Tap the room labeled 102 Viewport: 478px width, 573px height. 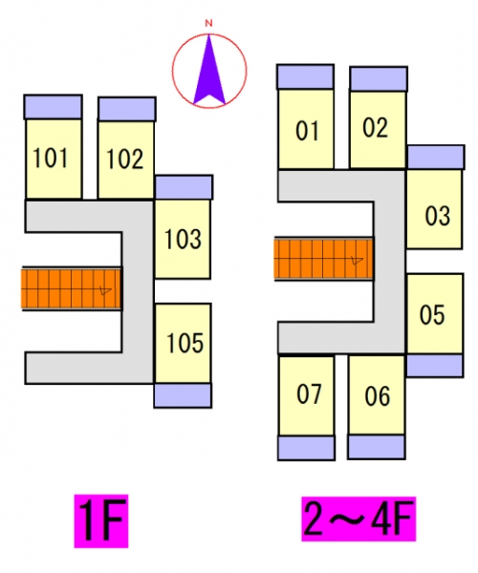(126, 159)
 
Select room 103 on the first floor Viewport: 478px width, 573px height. (183, 239)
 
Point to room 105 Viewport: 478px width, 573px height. (184, 344)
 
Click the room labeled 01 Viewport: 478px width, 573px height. (306, 129)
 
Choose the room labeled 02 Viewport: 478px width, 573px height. (379, 130)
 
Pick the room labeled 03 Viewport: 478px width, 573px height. (434, 208)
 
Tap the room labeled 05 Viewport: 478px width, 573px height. (435, 314)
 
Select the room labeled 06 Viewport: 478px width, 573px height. (377, 395)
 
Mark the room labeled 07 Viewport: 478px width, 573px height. (307, 395)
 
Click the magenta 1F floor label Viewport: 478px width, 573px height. (101, 521)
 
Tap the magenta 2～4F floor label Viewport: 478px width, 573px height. (358, 519)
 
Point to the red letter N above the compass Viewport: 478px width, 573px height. (208, 23)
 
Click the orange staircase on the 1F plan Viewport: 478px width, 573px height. (72, 288)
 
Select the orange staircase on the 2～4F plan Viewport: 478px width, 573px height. (324, 259)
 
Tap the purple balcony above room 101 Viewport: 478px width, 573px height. (53, 107)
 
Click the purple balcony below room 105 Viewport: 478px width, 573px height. (183, 395)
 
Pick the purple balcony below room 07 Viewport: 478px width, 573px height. (307, 448)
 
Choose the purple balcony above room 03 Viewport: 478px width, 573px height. (436, 158)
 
